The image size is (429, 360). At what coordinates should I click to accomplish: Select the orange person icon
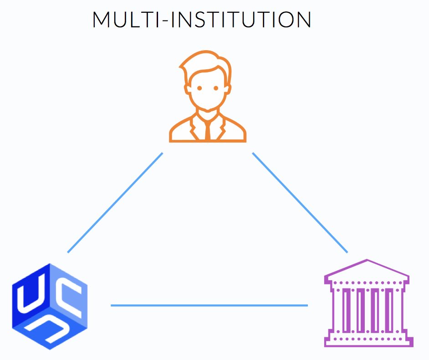tap(208, 98)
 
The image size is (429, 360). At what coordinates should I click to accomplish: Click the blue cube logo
tap(49, 306)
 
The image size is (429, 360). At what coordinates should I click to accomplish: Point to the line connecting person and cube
tap(115, 202)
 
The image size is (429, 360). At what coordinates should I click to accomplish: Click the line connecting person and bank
tap(300, 202)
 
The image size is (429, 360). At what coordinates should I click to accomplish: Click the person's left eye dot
tap(199, 88)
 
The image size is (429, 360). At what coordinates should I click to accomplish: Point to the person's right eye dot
tap(216, 88)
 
